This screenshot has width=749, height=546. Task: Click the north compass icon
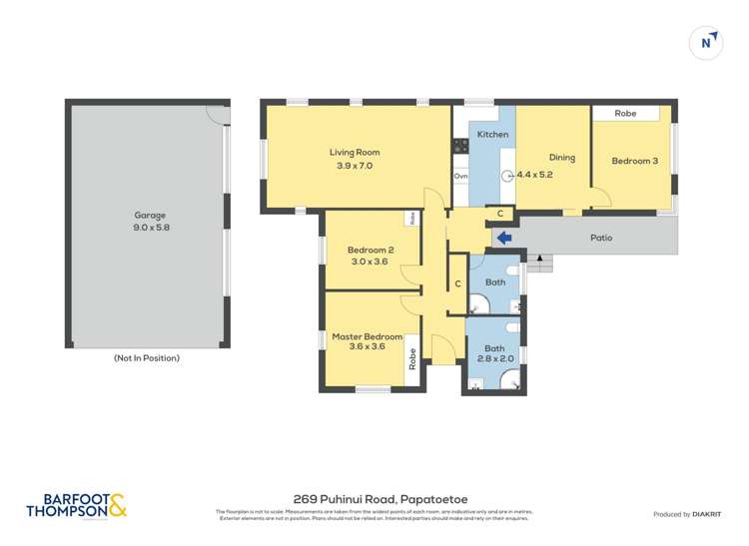click(x=706, y=42)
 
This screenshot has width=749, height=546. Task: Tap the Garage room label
click(x=150, y=215)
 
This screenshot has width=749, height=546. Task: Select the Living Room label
click(x=355, y=153)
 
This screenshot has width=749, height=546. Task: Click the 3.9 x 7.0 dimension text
click(x=355, y=166)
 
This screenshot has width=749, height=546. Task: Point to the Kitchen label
click(x=492, y=134)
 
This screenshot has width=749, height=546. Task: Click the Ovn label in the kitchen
click(x=460, y=176)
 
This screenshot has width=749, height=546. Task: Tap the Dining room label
click(x=562, y=157)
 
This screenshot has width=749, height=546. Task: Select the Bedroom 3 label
click(x=634, y=161)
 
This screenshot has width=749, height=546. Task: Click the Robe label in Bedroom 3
click(x=625, y=114)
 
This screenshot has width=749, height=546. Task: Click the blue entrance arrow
click(x=504, y=238)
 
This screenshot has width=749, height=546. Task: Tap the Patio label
click(x=600, y=238)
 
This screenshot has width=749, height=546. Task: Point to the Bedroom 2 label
click(x=370, y=250)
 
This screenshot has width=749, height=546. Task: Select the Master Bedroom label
click(x=367, y=336)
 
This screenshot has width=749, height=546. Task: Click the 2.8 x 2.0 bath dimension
click(x=495, y=358)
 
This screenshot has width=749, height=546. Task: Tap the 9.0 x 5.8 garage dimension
click(x=150, y=228)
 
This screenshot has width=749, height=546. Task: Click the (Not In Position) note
click(x=147, y=357)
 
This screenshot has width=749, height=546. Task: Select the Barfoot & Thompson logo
click(x=78, y=505)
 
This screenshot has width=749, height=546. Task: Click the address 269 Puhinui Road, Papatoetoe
click(x=380, y=498)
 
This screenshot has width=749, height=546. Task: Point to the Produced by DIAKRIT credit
click(x=686, y=514)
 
